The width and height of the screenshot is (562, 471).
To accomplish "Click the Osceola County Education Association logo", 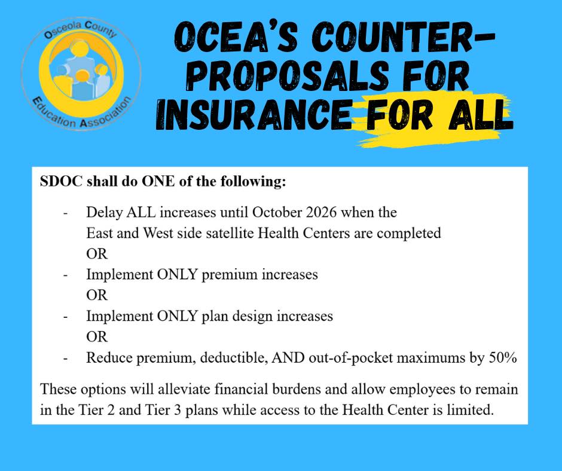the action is [x=81, y=74].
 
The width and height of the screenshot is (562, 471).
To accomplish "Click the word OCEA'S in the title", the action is [x=236, y=37].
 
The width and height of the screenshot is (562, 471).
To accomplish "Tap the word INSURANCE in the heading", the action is [x=254, y=114].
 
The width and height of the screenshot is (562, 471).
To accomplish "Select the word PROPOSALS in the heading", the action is [x=288, y=75].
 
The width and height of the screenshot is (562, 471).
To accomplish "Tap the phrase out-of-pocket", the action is [x=350, y=358].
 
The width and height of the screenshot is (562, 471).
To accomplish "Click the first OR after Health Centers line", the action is [x=97, y=254].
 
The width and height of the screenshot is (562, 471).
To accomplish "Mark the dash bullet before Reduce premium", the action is [x=66, y=358].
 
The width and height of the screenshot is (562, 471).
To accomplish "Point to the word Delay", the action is [x=104, y=212].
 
